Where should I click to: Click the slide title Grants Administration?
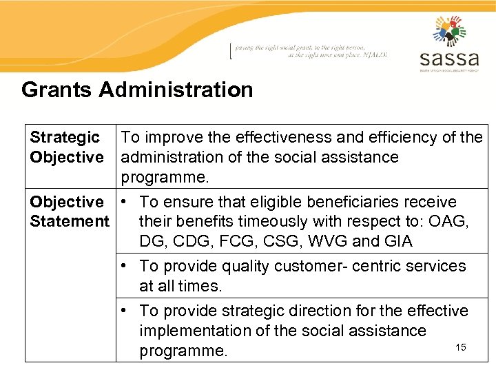[x=137, y=90]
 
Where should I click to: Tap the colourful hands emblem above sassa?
[x=449, y=30]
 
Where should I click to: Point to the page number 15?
[x=461, y=347]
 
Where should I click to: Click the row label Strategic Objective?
[x=66, y=147]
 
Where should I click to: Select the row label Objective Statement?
[x=69, y=211]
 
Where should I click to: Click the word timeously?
[x=270, y=222]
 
